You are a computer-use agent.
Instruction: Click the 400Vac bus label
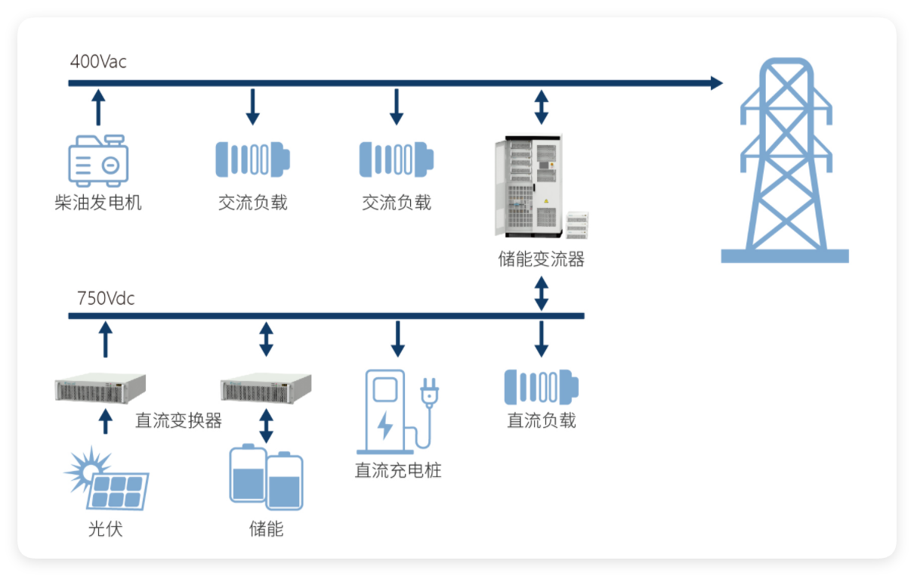coord(98,62)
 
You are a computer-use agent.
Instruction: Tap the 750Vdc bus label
coord(106,299)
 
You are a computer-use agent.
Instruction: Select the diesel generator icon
coord(98,160)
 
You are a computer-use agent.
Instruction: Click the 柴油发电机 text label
coord(98,203)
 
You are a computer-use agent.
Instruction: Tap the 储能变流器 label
coord(541,259)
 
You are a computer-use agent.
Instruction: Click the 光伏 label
coord(105,528)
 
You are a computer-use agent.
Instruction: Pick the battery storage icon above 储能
coord(266,478)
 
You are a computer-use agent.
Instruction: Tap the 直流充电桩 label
coord(398,470)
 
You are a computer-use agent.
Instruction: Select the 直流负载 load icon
coord(542,386)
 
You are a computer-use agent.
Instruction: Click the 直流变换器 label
coord(178,420)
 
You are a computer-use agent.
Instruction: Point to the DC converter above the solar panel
coord(100,389)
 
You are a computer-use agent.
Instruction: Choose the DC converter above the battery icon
coord(266,389)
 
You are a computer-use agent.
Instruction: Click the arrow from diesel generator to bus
coord(97,107)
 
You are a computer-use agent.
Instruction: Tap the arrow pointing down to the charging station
coord(397,339)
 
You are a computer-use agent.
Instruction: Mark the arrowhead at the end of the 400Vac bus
coord(715,83)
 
